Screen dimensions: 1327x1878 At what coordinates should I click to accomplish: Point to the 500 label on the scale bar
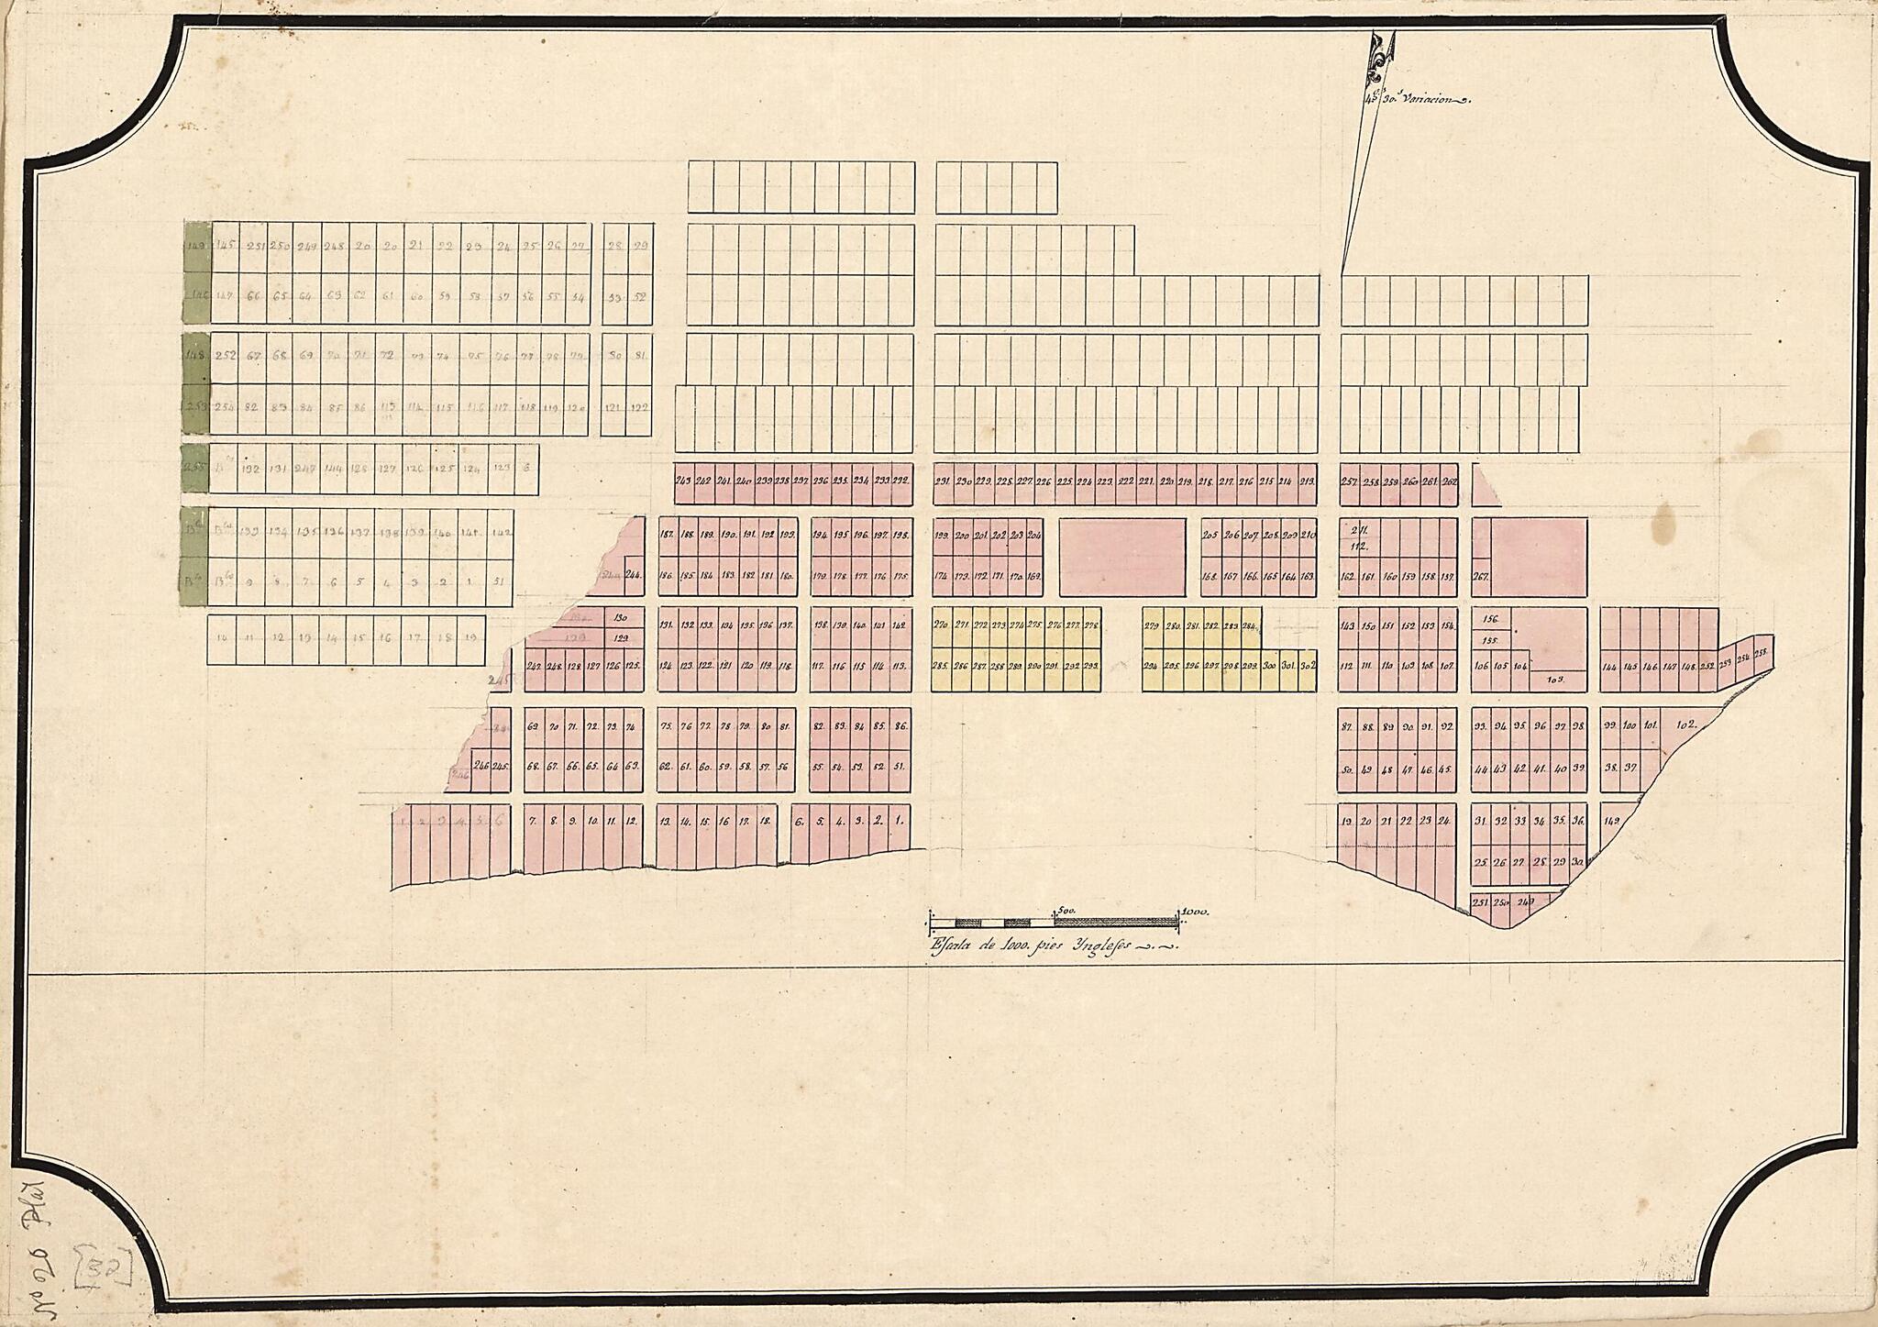pos(1065,911)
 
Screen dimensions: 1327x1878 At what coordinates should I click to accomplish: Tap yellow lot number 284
pos(1249,626)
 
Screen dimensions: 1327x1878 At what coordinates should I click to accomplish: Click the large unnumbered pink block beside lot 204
pos(1122,556)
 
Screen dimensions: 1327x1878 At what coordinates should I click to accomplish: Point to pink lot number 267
pos(1480,577)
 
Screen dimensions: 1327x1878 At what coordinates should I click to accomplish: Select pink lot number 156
pos(1491,618)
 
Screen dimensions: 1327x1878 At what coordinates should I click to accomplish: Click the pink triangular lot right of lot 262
pos(1482,493)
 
